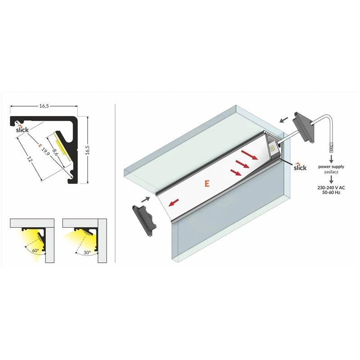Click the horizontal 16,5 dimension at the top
[x=44, y=106]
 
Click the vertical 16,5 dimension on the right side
[x=87, y=150]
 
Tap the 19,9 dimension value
[x=45, y=152]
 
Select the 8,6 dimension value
[x=54, y=152]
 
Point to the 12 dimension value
[x=29, y=159]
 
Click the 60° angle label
[x=36, y=251]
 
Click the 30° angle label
[x=87, y=252]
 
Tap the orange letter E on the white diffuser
[x=207, y=184]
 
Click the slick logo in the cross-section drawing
[x=22, y=129]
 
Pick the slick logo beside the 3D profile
[x=300, y=167]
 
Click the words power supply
[x=331, y=166]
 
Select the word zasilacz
[x=331, y=172]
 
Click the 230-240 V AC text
[x=331, y=188]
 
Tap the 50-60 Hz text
[x=331, y=193]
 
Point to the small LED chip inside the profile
[x=273, y=148]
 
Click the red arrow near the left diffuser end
[x=174, y=203]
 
